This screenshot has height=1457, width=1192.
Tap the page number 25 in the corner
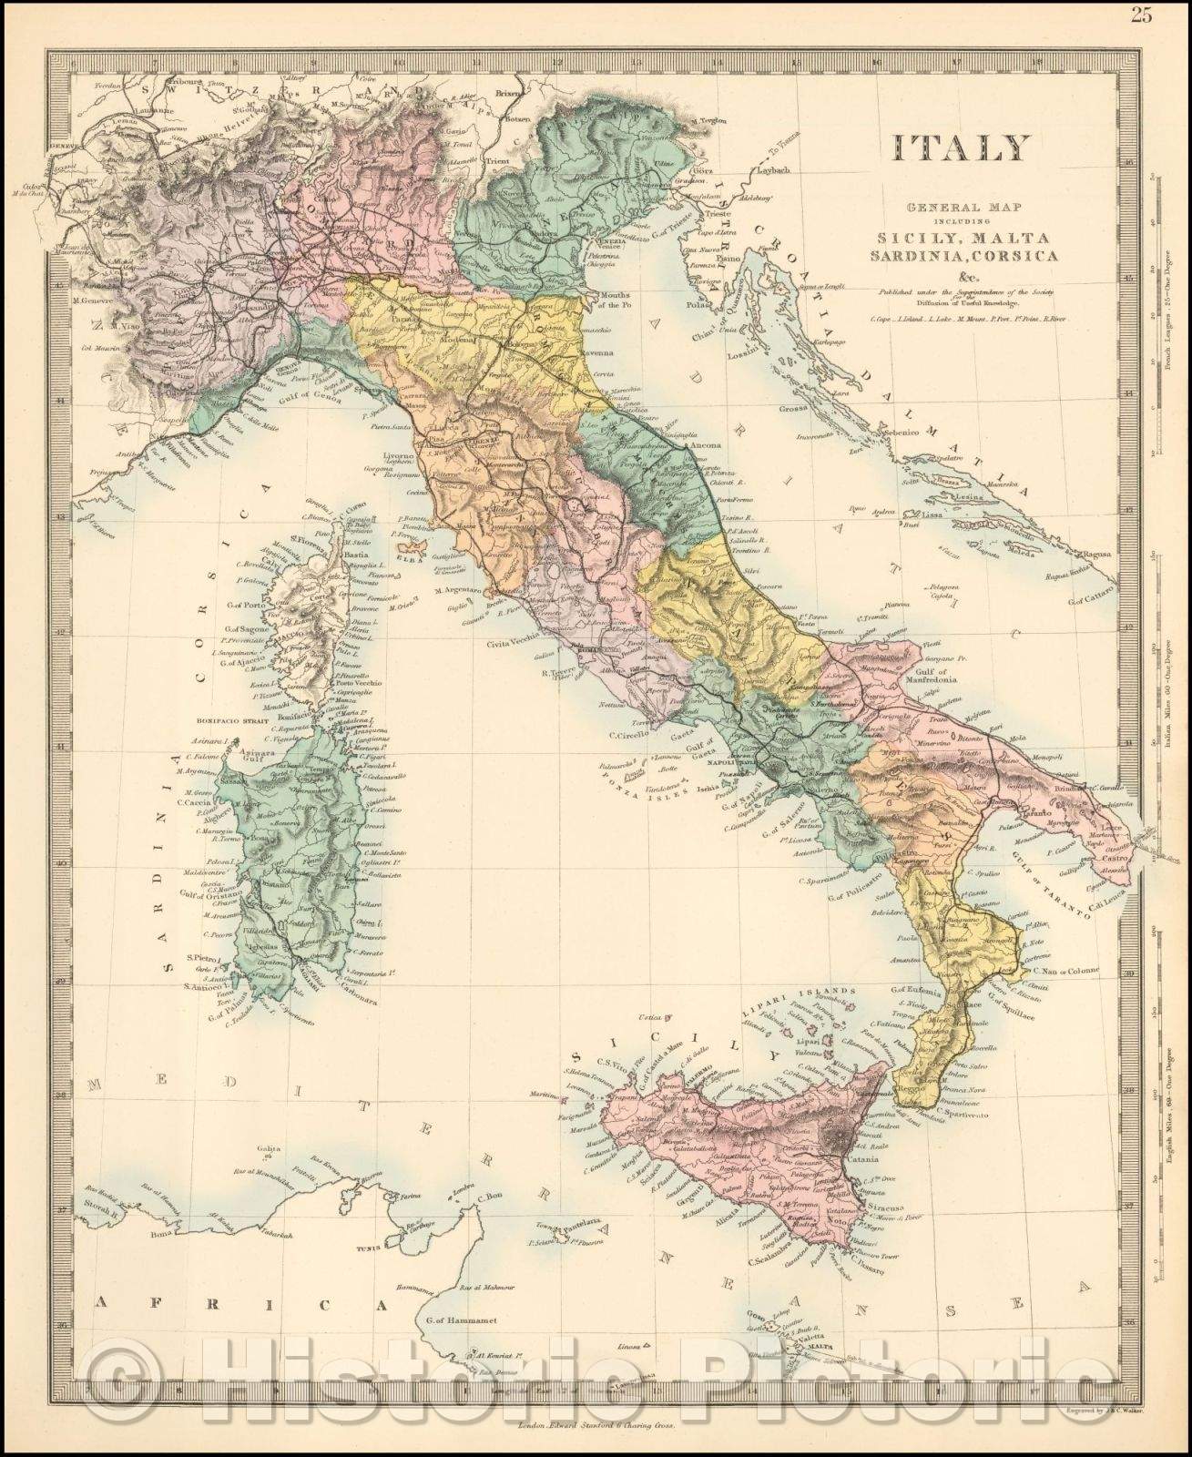pos(1167,15)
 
